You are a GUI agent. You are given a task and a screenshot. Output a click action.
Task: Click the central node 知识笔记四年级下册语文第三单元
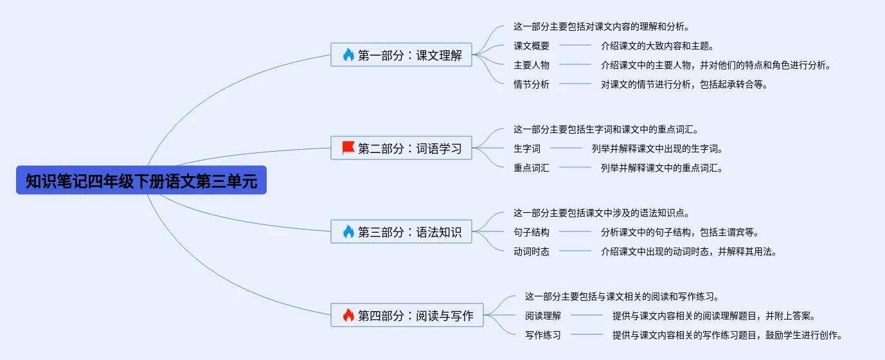[141, 180]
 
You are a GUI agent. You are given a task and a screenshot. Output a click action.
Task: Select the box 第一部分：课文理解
[401, 55]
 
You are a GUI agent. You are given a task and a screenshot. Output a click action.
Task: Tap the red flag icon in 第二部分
[348, 148]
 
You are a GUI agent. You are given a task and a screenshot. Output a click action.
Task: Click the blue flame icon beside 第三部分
[348, 231]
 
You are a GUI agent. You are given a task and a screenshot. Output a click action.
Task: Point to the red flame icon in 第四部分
[348, 315]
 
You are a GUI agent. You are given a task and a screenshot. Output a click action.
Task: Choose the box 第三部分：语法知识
[401, 231]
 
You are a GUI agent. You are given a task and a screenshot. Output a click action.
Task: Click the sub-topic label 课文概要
[532, 46]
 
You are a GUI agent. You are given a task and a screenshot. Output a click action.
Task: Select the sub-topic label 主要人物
[532, 65]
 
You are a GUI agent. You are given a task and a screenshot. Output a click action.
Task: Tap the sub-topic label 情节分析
[532, 84]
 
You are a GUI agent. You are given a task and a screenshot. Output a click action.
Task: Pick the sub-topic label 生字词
[526, 148]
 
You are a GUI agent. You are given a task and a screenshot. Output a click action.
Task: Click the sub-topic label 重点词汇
[532, 168]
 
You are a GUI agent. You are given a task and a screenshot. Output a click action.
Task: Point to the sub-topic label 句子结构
[532, 232]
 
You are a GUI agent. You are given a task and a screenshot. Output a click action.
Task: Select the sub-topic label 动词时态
[532, 252]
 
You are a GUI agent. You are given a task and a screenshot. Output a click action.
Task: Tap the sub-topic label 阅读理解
[543, 316]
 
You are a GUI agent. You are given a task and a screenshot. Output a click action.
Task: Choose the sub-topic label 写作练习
[543, 335]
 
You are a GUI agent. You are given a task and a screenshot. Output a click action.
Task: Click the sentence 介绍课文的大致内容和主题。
[658, 46]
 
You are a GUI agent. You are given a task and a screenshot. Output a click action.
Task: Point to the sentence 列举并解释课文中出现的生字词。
[658, 148]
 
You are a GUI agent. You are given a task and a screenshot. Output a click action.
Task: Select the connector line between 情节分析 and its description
[575, 84]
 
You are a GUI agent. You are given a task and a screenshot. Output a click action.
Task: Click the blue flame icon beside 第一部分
[348, 55]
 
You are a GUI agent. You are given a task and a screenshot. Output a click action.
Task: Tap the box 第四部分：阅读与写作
[407, 315]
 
